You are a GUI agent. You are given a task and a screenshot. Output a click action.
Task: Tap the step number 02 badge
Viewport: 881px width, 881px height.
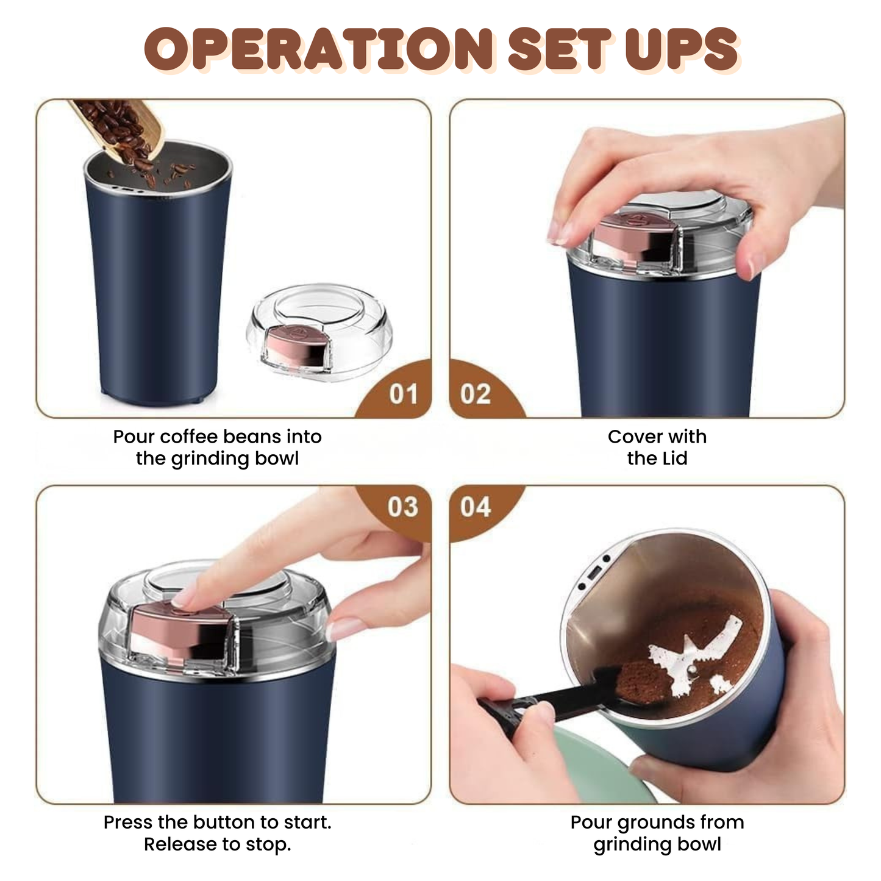476,394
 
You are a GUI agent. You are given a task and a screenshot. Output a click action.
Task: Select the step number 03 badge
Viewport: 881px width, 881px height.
403,507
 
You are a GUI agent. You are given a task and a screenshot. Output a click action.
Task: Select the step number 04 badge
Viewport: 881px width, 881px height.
476,507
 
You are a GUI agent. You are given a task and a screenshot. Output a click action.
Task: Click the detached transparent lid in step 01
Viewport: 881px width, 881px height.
320,332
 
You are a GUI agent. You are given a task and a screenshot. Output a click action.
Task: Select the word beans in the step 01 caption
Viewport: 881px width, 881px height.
249,437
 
